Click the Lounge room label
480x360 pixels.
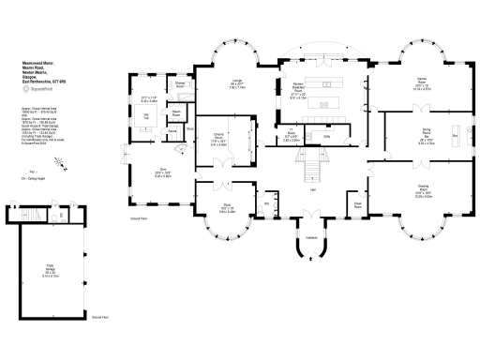pyautogui.click(x=238, y=82)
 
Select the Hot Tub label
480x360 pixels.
pyautogui.click(x=146, y=115)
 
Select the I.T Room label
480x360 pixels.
pyautogui.click(x=291, y=136)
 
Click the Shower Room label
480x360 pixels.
pyautogui.click(x=180, y=84)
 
